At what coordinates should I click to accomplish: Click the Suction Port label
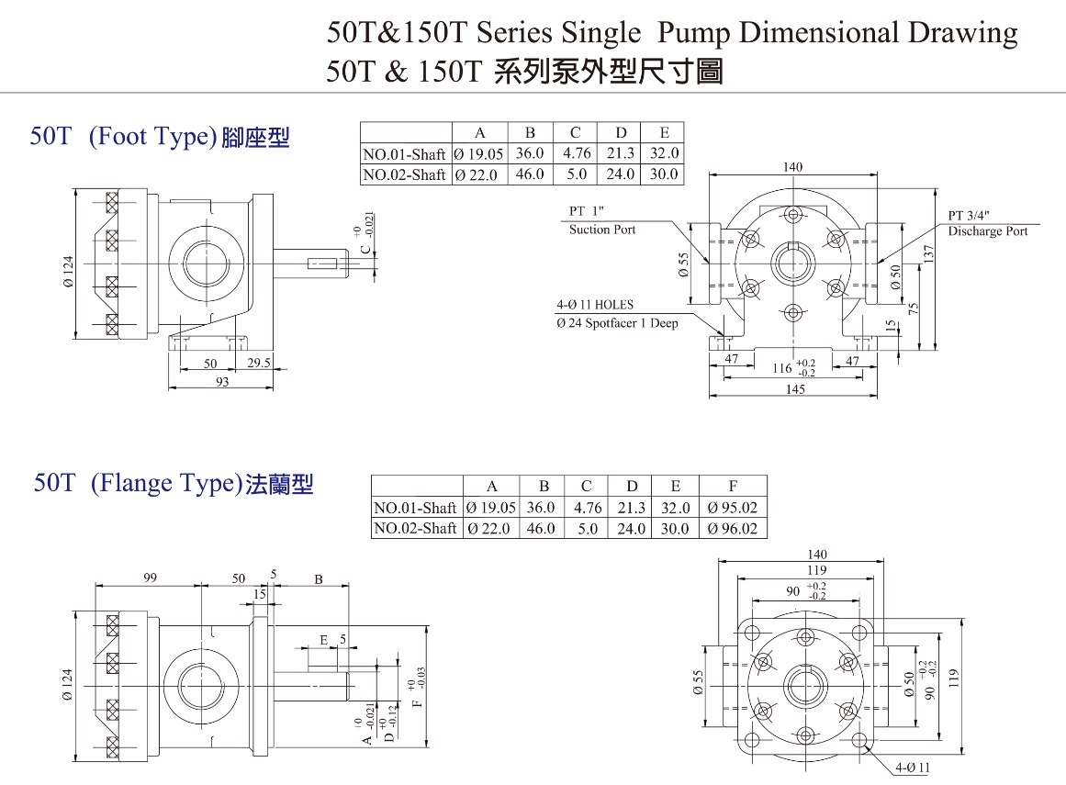(602, 230)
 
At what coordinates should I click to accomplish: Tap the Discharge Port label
(988, 231)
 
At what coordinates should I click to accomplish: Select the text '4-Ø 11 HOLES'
(594, 305)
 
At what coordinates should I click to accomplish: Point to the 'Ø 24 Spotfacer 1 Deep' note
(617, 323)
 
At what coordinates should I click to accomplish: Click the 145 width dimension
(795, 389)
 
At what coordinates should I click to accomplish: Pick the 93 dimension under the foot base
(222, 382)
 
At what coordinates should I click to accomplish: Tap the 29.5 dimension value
(260, 364)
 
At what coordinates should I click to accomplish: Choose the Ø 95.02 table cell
(733, 508)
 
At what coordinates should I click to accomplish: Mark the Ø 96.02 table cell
(733, 529)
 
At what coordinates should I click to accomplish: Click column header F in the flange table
(733, 487)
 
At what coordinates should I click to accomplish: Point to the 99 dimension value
(151, 578)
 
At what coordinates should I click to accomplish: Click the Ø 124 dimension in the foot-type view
(68, 271)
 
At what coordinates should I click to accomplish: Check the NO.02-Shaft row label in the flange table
(415, 529)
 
